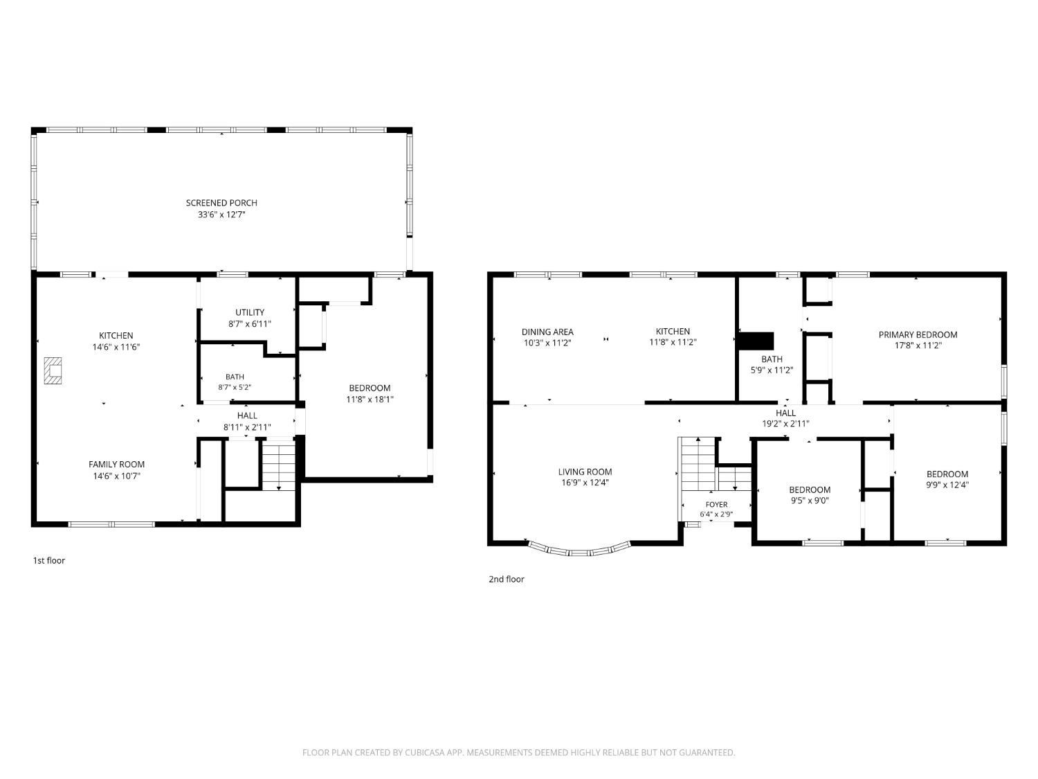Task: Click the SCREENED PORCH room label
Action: (x=221, y=203)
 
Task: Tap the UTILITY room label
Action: (x=250, y=312)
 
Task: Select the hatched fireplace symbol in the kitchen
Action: (x=53, y=371)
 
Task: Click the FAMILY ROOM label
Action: (x=116, y=465)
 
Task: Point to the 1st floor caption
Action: (x=48, y=560)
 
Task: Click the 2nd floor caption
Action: (x=507, y=579)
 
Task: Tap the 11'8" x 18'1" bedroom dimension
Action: (x=370, y=400)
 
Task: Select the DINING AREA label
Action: (x=547, y=332)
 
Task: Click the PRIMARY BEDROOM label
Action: (x=918, y=334)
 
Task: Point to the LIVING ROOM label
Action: (x=585, y=472)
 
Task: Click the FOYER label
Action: (x=716, y=505)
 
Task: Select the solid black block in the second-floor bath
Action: (x=755, y=341)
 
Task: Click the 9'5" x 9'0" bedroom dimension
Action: (x=810, y=501)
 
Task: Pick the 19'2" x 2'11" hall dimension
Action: (x=785, y=424)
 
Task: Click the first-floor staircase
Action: (x=279, y=465)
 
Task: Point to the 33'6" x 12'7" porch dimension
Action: (x=221, y=214)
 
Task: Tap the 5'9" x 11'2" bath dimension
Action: (x=772, y=370)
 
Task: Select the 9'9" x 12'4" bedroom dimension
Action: (x=947, y=485)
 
